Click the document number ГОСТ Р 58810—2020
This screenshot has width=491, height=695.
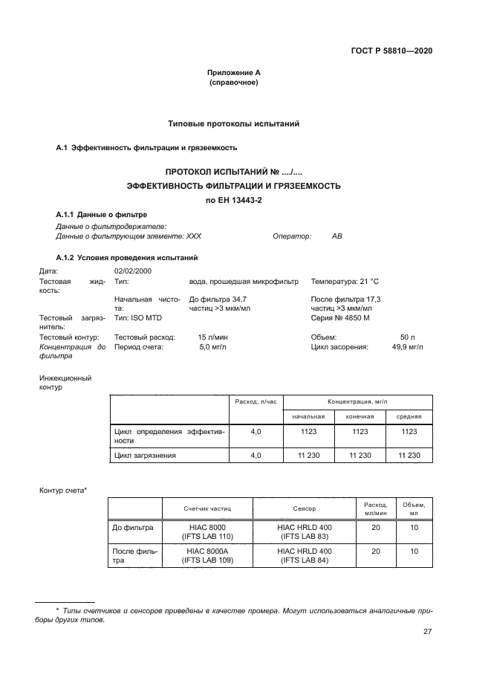click(391, 51)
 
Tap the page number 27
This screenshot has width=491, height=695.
click(427, 632)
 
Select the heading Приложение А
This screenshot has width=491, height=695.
click(233, 73)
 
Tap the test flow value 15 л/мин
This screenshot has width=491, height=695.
click(212, 337)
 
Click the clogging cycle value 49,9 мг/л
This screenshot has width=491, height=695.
click(407, 346)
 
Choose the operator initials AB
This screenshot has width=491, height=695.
click(337, 236)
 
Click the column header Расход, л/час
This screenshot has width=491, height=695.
click(256, 401)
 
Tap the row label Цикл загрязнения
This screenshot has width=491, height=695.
click(145, 455)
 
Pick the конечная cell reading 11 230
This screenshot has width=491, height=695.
click(360, 455)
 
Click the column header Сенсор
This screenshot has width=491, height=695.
click(305, 509)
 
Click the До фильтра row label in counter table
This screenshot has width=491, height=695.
click(133, 527)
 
